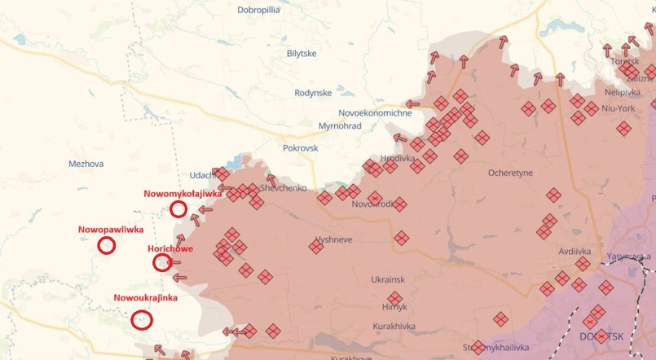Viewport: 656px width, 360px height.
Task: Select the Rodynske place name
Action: point(313,93)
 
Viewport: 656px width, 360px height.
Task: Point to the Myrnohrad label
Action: point(340,126)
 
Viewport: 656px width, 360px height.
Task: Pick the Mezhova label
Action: point(86,164)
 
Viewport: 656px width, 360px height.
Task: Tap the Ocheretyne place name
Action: point(510,173)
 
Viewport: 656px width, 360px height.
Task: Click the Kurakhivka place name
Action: point(394,326)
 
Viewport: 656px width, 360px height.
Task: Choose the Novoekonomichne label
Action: point(375,113)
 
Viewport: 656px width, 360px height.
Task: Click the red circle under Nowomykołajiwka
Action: point(178,209)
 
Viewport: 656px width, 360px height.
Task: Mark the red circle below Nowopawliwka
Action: point(106,245)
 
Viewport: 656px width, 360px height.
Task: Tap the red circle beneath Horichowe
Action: point(162,261)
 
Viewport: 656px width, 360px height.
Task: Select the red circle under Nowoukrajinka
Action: point(142,319)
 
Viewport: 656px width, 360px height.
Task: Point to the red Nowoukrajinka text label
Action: point(145,298)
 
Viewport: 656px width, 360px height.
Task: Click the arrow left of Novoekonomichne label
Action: point(412,104)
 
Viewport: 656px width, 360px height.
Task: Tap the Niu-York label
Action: point(619,108)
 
